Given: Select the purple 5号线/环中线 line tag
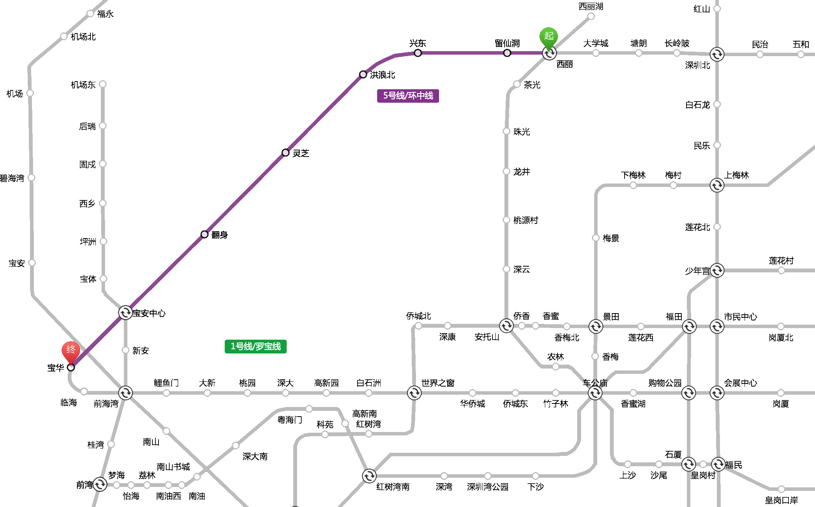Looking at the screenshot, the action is (x=408, y=96).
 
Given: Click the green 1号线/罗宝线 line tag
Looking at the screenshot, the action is (x=256, y=347).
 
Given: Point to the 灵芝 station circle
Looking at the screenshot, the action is (x=286, y=153).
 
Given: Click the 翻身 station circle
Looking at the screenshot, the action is (x=205, y=234).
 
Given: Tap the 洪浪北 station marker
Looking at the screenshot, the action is (x=363, y=74).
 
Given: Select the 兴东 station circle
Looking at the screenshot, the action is (x=418, y=53).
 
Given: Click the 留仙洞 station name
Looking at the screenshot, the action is (x=507, y=43).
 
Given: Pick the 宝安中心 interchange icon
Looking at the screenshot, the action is (x=125, y=313).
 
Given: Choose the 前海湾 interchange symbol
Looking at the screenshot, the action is (x=125, y=393).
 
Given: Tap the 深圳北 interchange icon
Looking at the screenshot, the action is (x=717, y=54).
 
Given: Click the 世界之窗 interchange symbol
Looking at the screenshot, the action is (x=414, y=393).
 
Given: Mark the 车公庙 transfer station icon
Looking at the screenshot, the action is (x=595, y=393).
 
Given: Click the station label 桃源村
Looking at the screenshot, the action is (x=526, y=220).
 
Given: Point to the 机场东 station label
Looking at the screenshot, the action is (x=83, y=85).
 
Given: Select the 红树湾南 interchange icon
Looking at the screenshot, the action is (x=369, y=476).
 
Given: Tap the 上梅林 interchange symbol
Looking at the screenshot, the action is (x=717, y=185).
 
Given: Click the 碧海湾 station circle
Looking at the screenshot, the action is (x=32, y=177).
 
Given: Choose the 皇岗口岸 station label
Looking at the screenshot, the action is (x=781, y=500).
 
